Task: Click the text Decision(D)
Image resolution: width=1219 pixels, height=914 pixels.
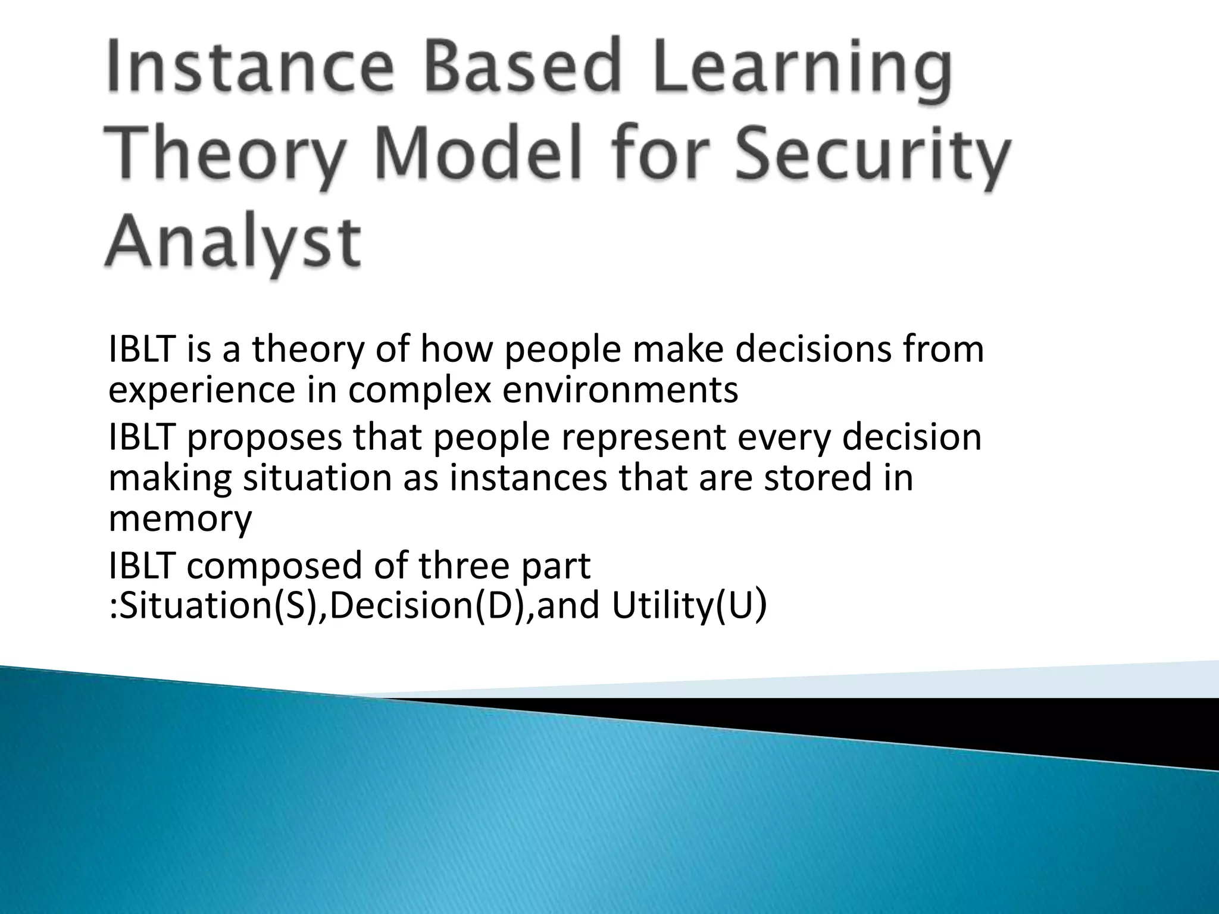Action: [428, 606]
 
